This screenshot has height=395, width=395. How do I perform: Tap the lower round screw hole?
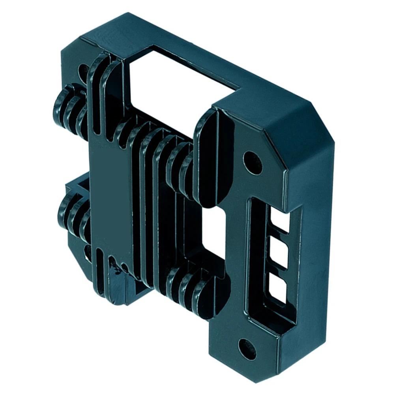pyautogui.click(x=247, y=349)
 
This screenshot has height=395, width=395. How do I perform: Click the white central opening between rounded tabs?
pyautogui.click(x=213, y=233)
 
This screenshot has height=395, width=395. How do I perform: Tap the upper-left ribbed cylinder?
pyautogui.click(x=69, y=109)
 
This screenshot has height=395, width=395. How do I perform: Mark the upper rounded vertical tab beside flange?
pyautogui.click(x=207, y=158)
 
